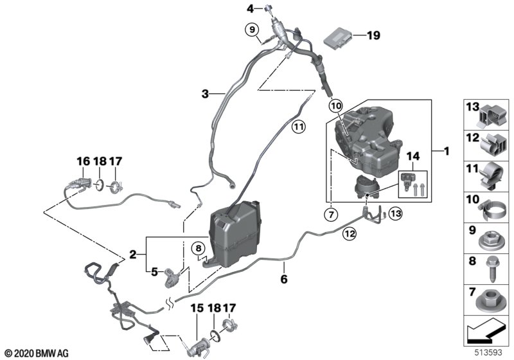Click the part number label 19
click(373, 36)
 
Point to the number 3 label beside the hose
click(205, 94)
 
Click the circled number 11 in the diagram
click(298, 127)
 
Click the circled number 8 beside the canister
click(199, 248)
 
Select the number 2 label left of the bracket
click(133, 255)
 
